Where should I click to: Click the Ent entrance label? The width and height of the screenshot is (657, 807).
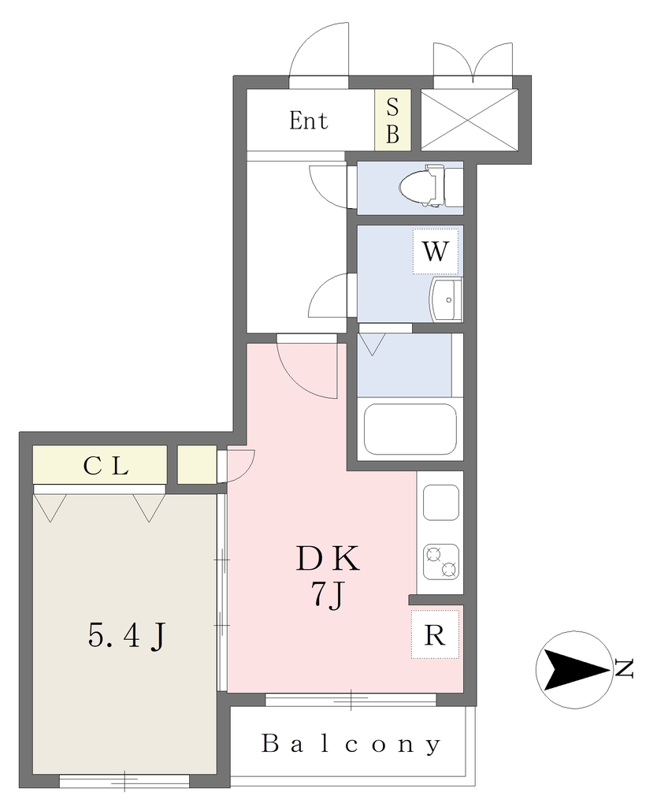click(308, 121)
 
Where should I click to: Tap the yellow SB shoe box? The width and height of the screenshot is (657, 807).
click(392, 120)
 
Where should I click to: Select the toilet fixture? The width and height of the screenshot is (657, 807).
click(428, 186)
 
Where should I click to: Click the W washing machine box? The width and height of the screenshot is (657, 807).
click(435, 251)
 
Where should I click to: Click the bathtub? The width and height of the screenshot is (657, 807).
click(410, 430)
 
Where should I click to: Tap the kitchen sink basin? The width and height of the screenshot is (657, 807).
click(441, 502)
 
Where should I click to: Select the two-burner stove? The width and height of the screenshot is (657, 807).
click(441, 561)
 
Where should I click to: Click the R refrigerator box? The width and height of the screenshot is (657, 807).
click(434, 634)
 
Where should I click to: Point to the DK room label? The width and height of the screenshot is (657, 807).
click(328, 558)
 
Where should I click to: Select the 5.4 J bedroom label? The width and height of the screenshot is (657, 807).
click(127, 637)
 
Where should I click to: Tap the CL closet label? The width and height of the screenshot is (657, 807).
click(106, 466)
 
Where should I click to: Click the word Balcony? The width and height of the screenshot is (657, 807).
click(351, 744)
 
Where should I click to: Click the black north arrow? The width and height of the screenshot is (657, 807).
click(576, 670)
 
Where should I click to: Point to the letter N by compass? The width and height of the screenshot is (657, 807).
click(624, 669)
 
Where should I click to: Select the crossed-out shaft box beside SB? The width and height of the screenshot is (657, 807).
click(470, 120)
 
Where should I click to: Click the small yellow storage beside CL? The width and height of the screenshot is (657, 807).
click(197, 465)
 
